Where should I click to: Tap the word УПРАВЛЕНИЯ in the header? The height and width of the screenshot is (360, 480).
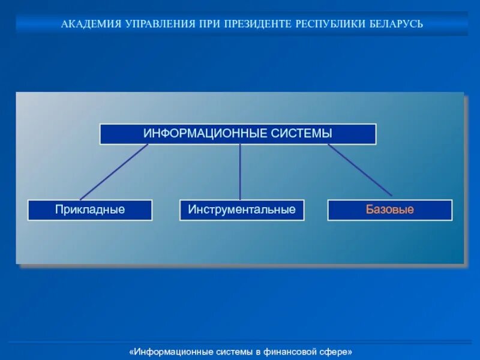[158, 25]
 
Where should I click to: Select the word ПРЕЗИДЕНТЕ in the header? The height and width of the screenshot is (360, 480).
[258, 25]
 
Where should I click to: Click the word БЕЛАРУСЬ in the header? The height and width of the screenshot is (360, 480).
[395, 25]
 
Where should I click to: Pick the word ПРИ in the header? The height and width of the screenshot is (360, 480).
[209, 25]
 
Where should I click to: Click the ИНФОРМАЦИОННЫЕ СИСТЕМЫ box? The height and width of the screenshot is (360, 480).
[238, 134]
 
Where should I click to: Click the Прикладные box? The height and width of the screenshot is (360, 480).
[90, 210]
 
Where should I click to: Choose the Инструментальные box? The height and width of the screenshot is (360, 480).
[242, 210]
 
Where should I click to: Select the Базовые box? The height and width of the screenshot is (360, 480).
[390, 210]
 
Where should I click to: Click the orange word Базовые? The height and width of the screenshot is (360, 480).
[390, 210]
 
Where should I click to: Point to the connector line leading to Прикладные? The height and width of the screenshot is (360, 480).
[114, 172]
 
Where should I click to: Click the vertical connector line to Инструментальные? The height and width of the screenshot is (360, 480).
[240, 172]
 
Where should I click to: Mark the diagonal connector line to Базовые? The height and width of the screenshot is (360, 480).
[360, 170]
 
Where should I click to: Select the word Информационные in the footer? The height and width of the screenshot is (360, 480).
[166, 351]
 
